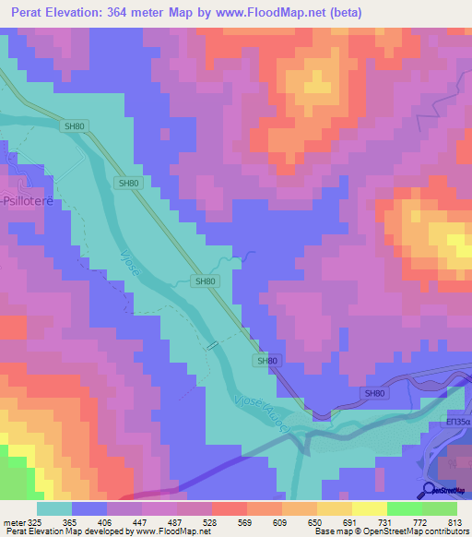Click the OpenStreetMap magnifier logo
[x=430, y=489]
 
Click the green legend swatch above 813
[x=439, y=507]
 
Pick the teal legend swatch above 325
[x=54, y=507]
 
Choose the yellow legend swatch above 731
[x=369, y=507]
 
